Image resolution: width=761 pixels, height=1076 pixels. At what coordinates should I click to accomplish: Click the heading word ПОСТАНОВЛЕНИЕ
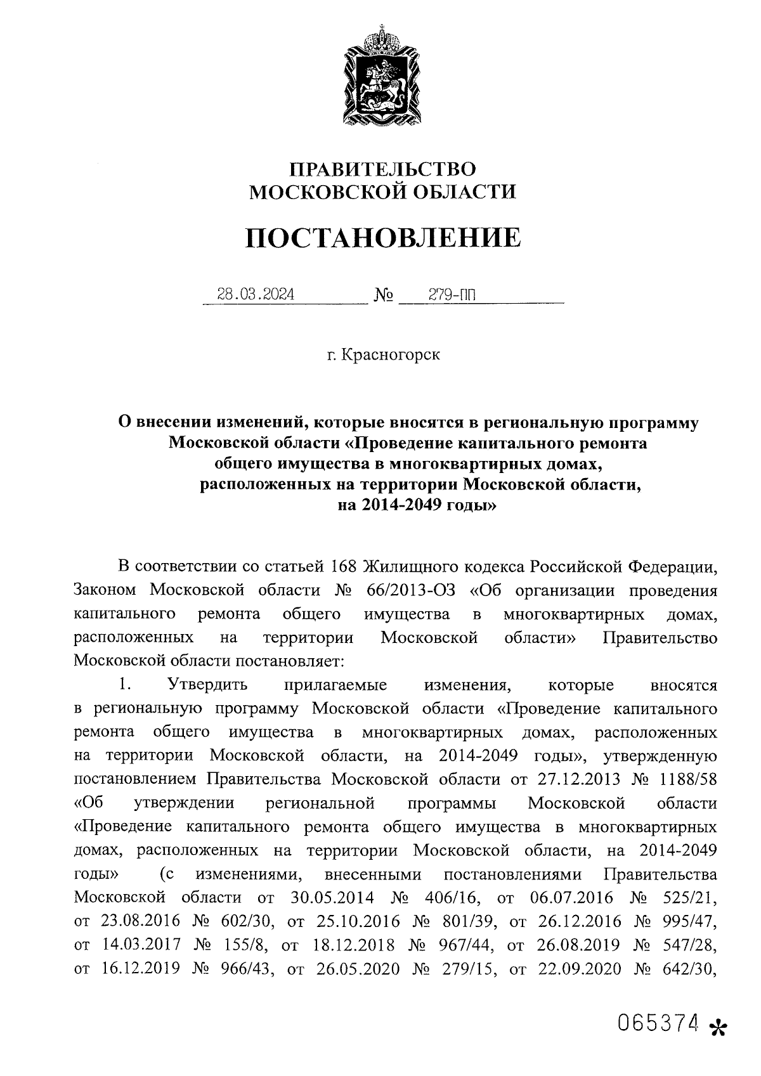[382, 237]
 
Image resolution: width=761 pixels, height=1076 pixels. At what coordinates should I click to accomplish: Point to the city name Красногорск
[390, 354]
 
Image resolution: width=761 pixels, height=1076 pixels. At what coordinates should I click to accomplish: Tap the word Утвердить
[207, 685]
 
